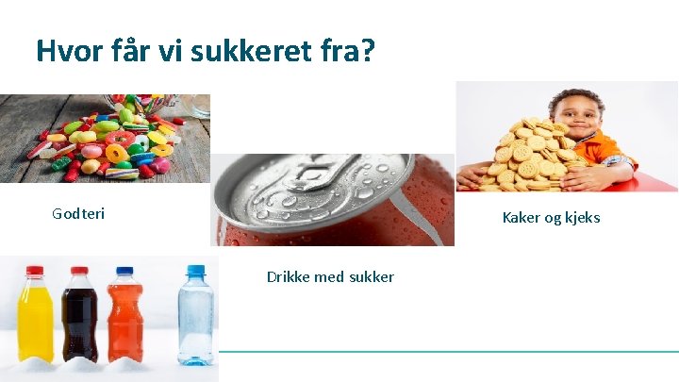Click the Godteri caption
coord(78,214)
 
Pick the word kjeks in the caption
coord(579,218)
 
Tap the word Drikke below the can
coord(290,276)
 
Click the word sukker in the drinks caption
coord(372,276)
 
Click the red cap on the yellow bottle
coord(36,271)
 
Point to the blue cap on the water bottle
coord(195,271)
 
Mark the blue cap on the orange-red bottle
coord(124,272)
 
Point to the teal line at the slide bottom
coord(448,352)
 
